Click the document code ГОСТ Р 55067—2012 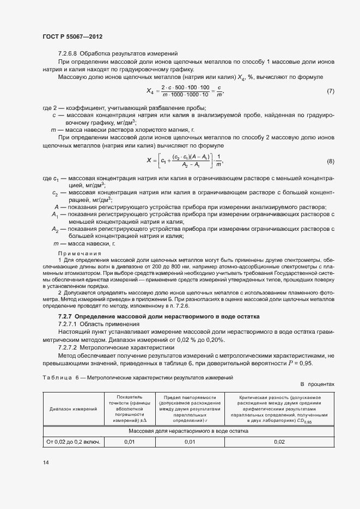point(72,36)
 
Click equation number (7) point(330,90)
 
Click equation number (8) point(330,162)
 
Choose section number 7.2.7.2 point(71,347)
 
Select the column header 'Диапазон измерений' point(73,408)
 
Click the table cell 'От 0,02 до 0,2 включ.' point(73,441)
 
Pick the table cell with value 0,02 point(279,441)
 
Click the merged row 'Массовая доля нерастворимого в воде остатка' point(188,431)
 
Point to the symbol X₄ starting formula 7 point(152,91)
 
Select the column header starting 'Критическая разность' point(279,408)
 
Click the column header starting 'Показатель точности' point(129,408)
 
